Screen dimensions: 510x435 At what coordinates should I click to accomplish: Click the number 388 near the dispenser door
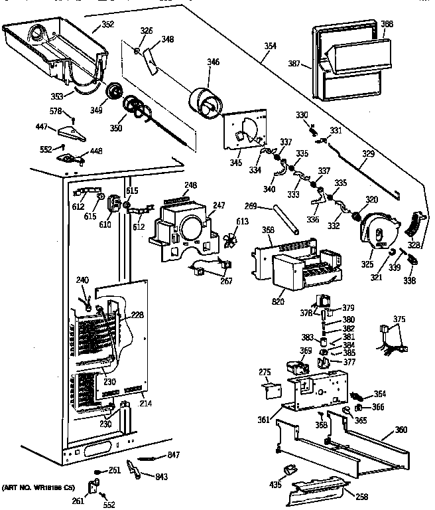(x=387, y=24)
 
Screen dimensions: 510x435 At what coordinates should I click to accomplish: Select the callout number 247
(x=218, y=207)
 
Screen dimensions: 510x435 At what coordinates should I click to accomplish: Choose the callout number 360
(x=401, y=430)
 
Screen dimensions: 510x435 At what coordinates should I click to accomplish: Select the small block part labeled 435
(x=286, y=471)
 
